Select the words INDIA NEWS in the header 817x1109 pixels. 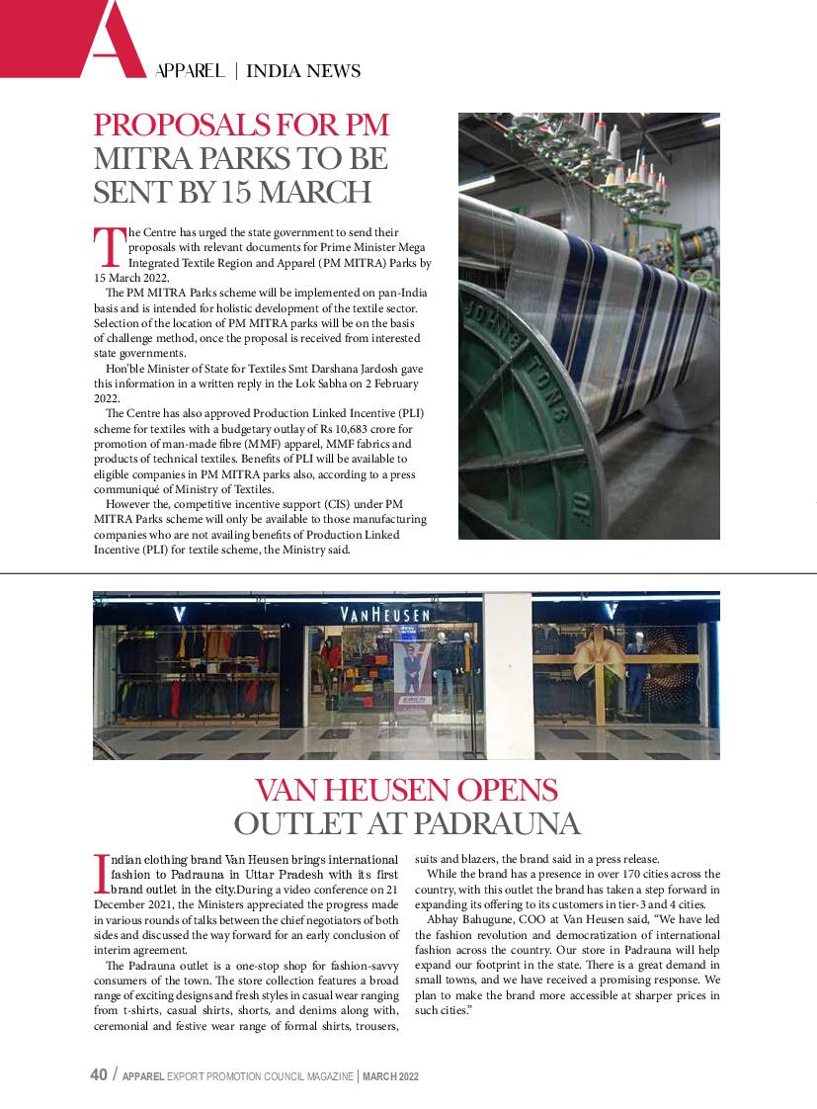[x=302, y=71]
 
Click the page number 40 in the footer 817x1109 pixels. [x=99, y=1075]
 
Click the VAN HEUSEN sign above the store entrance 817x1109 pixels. [x=385, y=615]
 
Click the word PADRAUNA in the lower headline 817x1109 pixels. [x=495, y=823]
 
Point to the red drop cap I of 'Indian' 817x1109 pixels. [x=100, y=872]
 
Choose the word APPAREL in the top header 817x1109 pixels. [x=190, y=71]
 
